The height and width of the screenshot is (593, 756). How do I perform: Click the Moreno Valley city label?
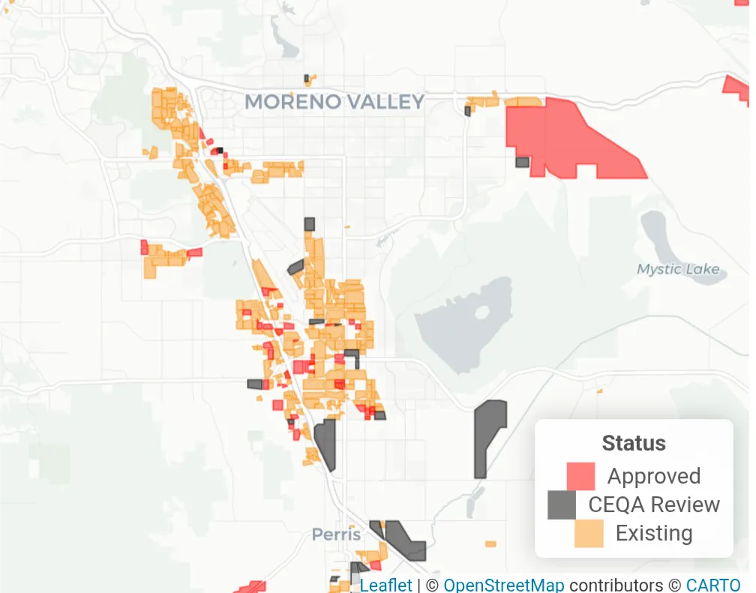coord(334,102)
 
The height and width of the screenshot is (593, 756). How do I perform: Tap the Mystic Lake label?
coord(678,269)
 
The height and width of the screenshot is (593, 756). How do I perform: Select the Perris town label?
coord(337,535)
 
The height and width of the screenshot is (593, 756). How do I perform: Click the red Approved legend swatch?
coord(580,476)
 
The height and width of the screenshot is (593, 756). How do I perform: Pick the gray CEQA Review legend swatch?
coord(562,505)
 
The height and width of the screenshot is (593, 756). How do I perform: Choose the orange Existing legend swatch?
coord(589,533)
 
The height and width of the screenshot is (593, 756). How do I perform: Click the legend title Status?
coord(634,443)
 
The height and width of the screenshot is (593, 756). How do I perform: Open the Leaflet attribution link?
coord(385,585)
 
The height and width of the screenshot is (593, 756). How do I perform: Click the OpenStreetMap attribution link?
coord(504,585)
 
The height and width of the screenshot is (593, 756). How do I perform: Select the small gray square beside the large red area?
coord(522,162)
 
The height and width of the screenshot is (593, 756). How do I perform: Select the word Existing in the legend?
coord(654,533)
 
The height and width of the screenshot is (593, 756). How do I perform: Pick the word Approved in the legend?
coord(654,476)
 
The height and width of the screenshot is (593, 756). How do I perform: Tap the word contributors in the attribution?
coord(615,585)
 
